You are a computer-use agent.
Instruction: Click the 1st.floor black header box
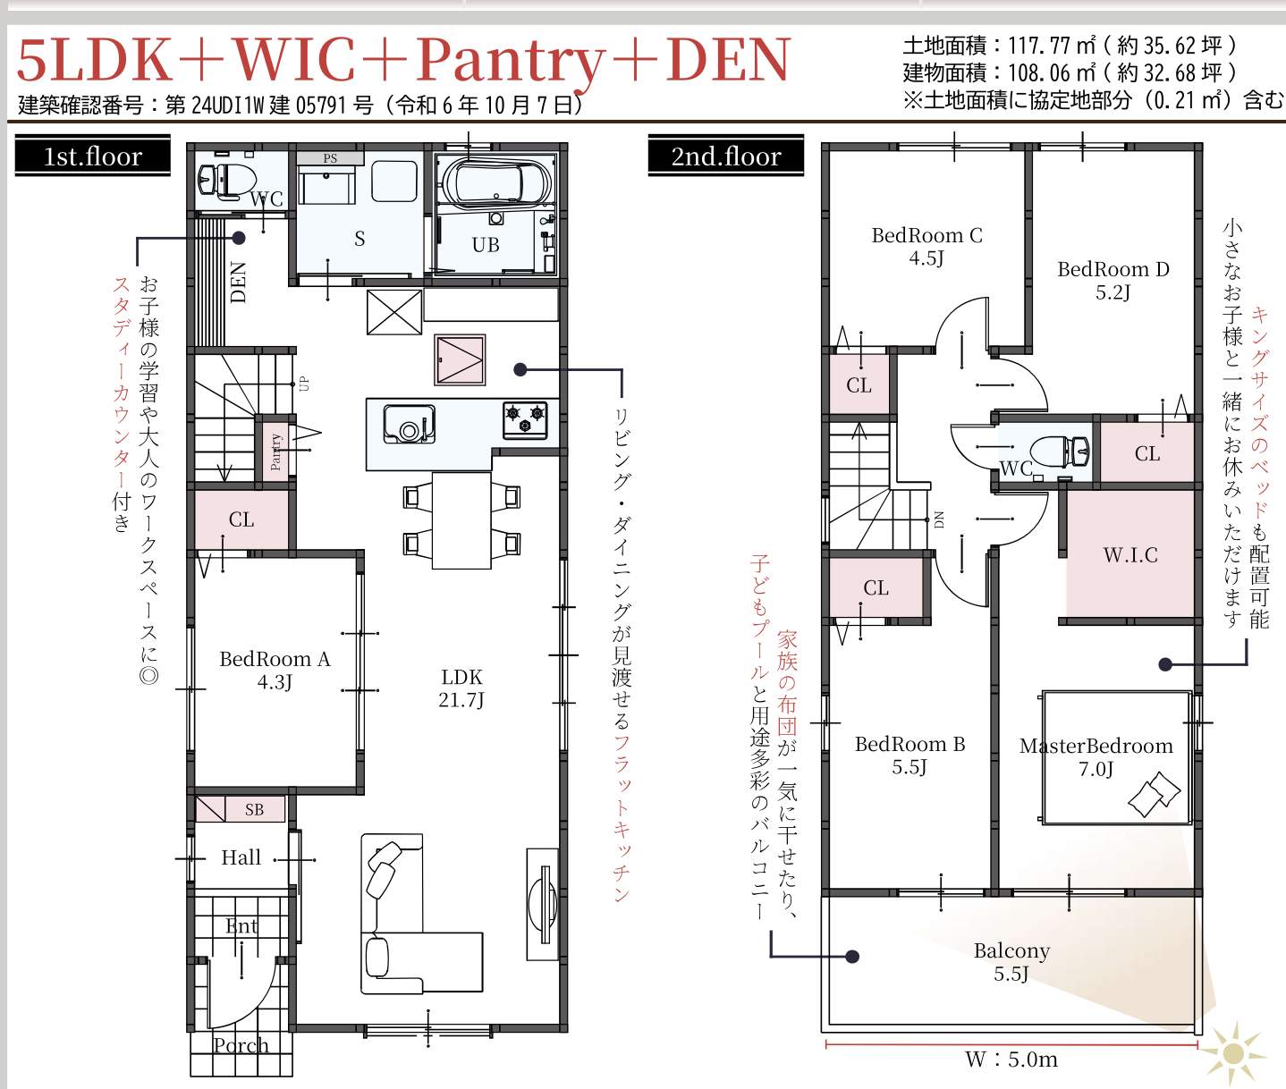93,156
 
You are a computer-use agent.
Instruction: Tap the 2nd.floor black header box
725,156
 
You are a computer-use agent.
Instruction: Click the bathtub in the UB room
495,181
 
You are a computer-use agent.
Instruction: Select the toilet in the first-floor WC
226,181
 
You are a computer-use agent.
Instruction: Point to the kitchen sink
409,424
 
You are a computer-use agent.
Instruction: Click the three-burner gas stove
525,418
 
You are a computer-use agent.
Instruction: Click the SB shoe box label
255,810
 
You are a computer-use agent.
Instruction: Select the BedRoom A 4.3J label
275,670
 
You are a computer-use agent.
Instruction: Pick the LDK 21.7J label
461,688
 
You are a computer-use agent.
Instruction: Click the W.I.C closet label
1130,554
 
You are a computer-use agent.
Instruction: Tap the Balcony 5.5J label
1011,961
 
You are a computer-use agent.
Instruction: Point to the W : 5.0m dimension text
1011,1059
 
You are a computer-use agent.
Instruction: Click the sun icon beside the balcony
1232,1053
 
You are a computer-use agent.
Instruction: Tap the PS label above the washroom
330,158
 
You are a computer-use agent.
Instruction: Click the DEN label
238,283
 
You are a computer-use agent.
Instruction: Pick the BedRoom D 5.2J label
1113,280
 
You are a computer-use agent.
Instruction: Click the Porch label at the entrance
241,1045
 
